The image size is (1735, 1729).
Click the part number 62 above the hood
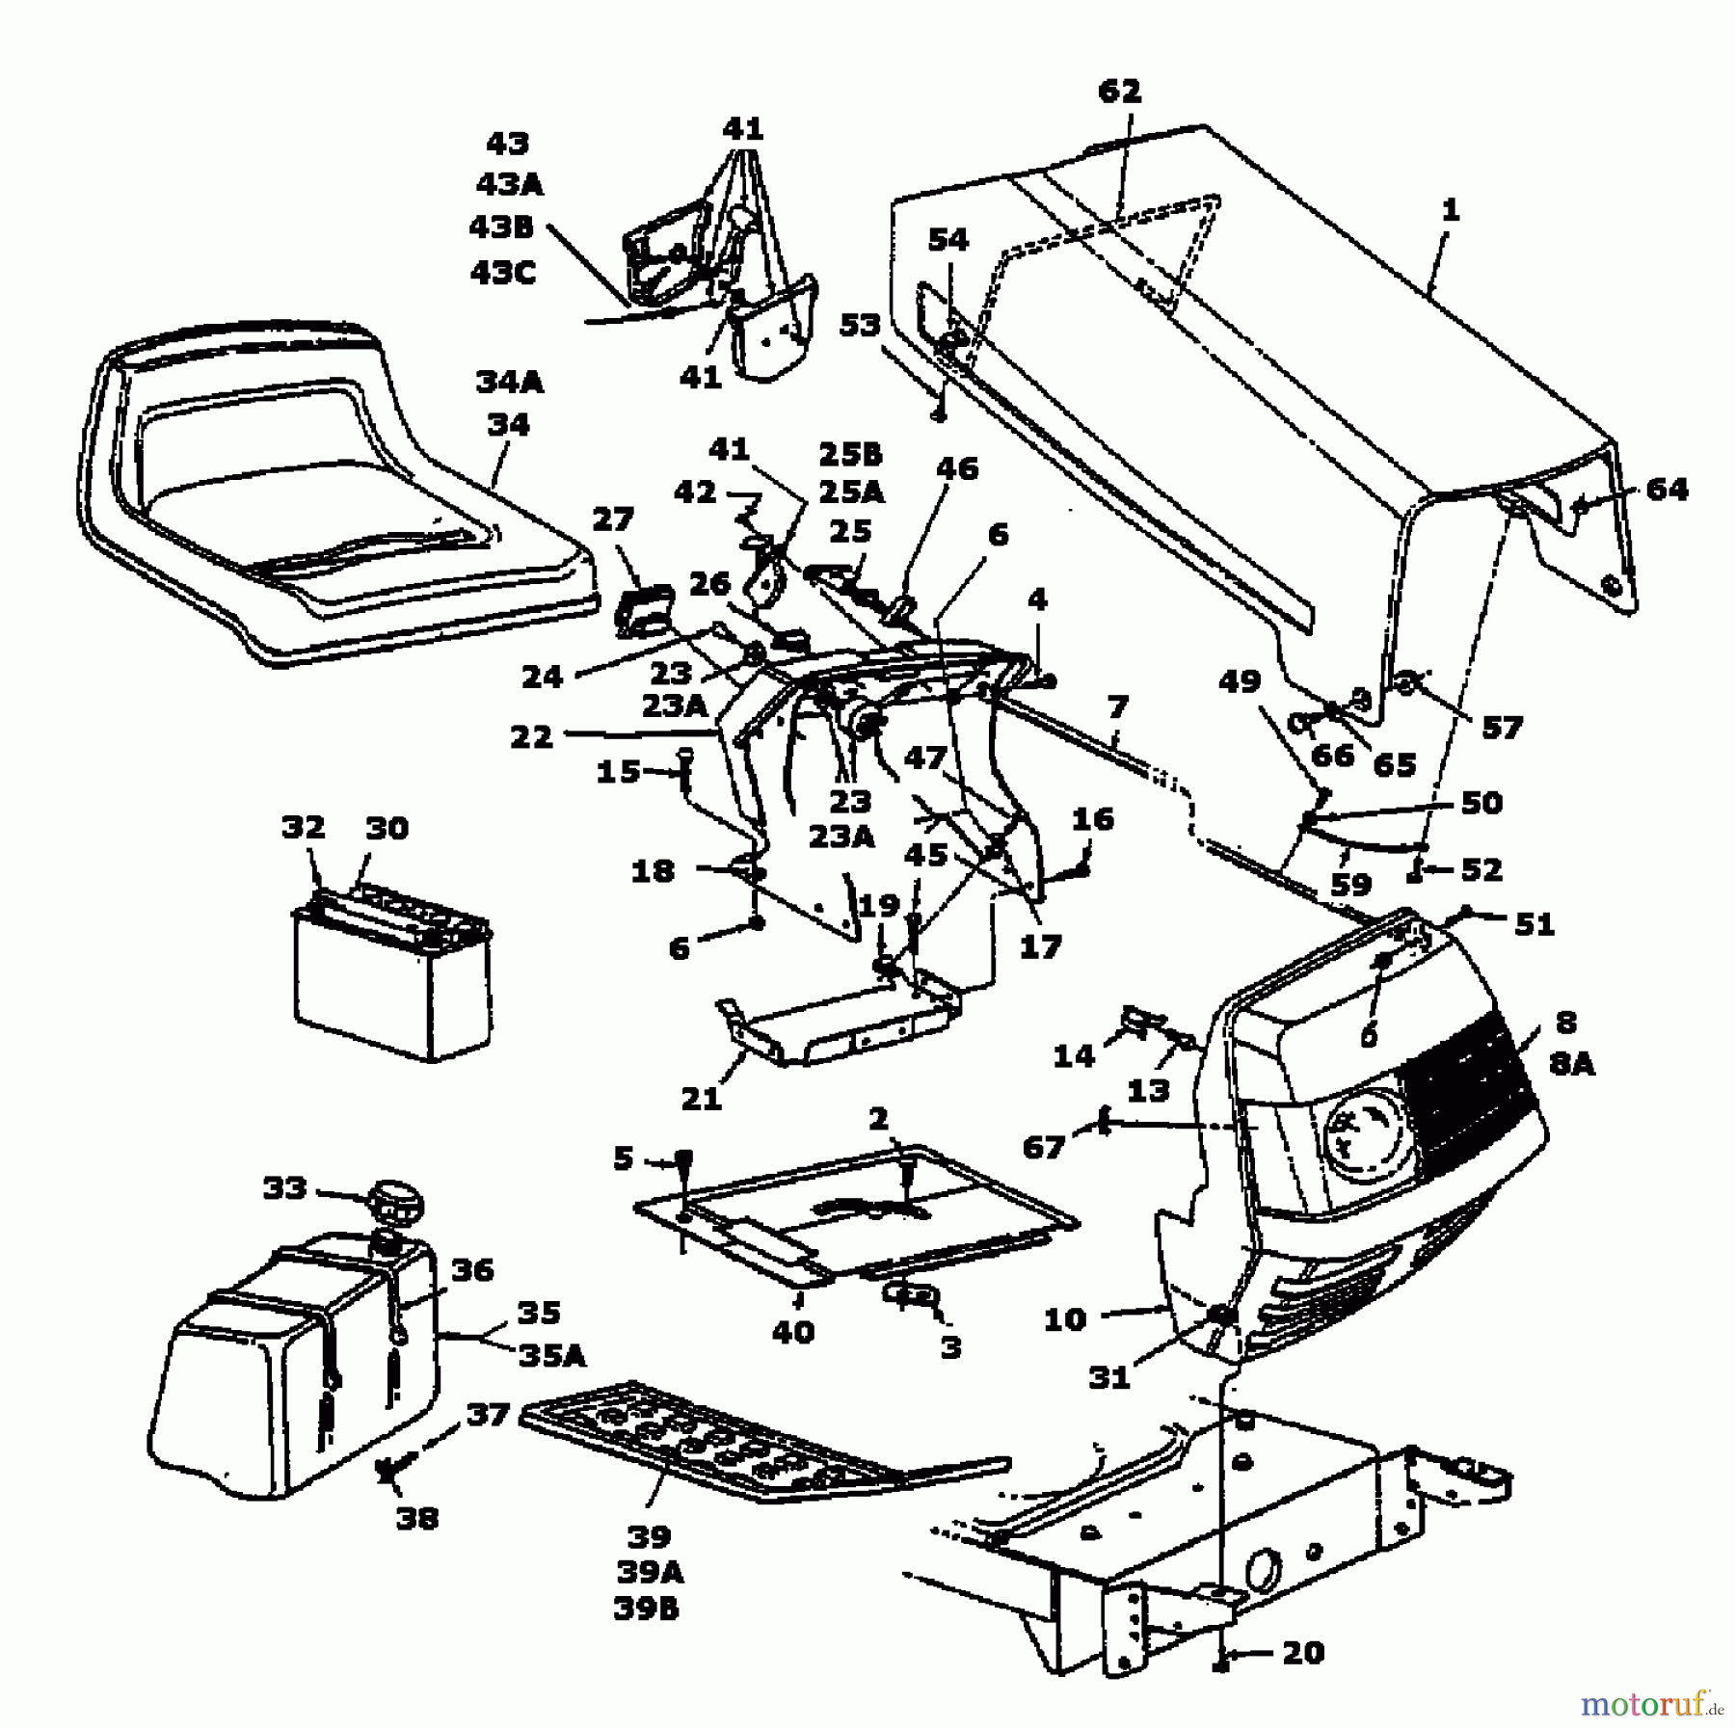(1119, 92)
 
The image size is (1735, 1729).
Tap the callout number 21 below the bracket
(701, 1099)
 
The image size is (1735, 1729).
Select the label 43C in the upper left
(502, 273)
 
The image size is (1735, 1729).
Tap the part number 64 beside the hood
(1667, 490)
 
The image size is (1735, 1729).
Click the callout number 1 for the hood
(1450, 209)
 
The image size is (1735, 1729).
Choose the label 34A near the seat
(509, 383)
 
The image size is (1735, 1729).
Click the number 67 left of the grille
(1044, 1147)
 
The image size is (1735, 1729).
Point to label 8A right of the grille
(1573, 1064)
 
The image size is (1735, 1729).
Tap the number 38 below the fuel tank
(416, 1519)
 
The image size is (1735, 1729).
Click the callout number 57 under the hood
(1502, 728)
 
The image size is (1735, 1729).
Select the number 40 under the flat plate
(792, 1332)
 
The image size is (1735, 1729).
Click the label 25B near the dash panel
(849, 454)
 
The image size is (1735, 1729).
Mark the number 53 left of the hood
(859, 325)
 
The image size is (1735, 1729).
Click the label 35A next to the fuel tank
(552, 1357)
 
